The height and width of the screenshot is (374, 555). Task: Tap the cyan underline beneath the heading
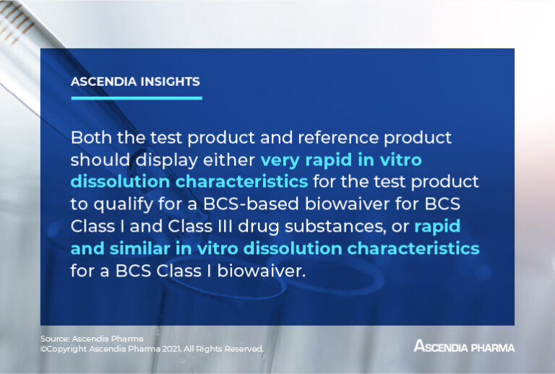click(136, 97)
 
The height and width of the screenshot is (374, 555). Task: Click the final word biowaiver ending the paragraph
click(245, 271)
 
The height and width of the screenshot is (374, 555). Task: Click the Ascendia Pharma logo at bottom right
click(464, 347)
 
